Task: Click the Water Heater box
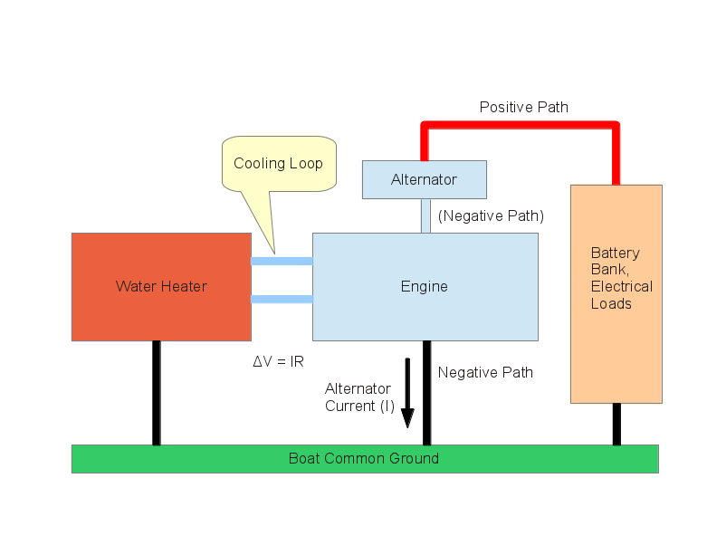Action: (x=161, y=287)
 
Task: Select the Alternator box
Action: (x=424, y=179)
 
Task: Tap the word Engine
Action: (x=424, y=287)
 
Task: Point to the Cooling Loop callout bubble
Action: (x=278, y=164)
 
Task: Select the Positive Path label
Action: (x=523, y=107)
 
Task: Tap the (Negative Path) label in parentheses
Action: (x=490, y=216)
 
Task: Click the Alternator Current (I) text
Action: (x=359, y=397)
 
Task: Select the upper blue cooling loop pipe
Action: (x=282, y=261)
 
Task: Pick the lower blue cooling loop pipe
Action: (x=282, y=300)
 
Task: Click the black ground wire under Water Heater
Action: (x=157, y=393)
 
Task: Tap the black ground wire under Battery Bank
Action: (x=616, y=424)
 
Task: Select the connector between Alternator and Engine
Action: (x=425, y=215)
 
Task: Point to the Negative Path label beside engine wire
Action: (x=485, y=372)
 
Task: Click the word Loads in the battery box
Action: (x=611, y=303)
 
